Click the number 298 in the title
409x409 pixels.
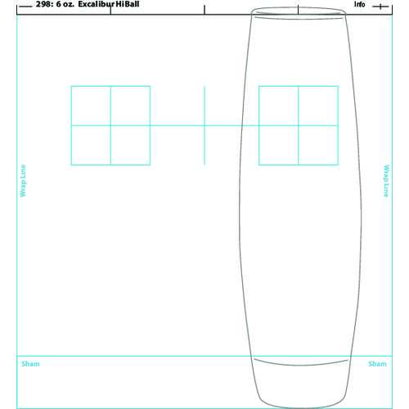click(x=43, y=4)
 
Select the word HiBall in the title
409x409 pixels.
click(x=128, y=4)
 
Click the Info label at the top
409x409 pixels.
click(x=360, y=4)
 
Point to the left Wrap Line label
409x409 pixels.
click(x=23, y=181)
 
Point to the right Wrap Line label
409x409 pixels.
click(x=386, y=181)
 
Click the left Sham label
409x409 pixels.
click(x=30, y=364)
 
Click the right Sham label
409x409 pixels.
click(x=377, y=364)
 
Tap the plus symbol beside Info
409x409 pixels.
click(x=380, y=7)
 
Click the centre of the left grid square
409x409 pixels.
click(x=110, y=125)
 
